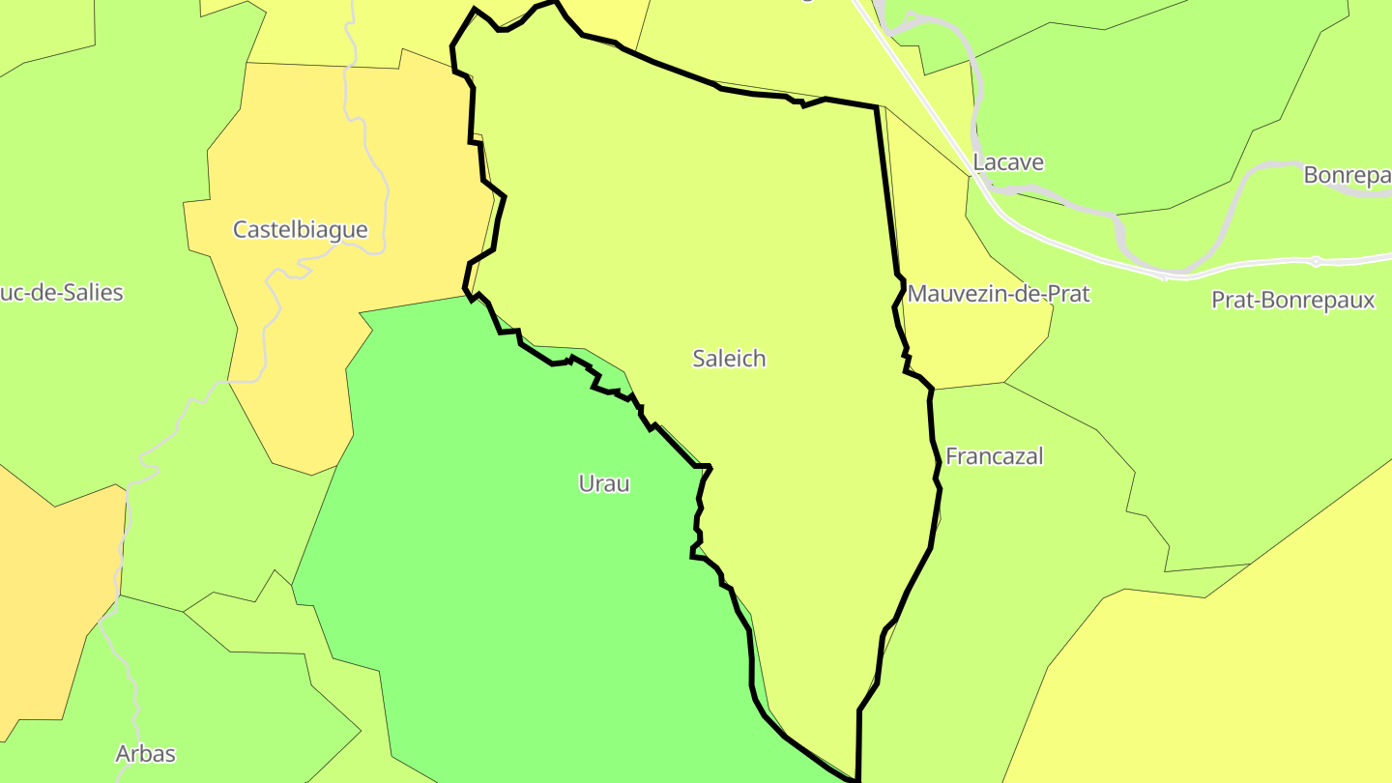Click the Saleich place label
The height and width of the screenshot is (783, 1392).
(x=729, y=359)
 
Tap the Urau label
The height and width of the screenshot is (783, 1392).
(x=604, y=483)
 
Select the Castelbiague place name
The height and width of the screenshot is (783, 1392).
(x=301, y=230)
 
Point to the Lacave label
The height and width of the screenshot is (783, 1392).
(x=1008, y=162)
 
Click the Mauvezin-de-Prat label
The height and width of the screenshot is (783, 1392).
(x=999, y=294)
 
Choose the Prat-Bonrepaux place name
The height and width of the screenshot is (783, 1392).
(x=1292, y=301)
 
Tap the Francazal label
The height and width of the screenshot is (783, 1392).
(x=994, y=456)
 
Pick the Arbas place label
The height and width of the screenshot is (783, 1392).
(x=145, y=754)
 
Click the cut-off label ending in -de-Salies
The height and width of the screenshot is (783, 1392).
(x=62, y=293)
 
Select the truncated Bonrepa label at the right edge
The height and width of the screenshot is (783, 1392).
(x=1347, y=176)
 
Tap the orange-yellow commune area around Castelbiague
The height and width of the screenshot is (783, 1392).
(x=290, y=367)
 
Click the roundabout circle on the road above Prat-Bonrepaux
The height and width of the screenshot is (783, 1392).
(x=1316, y=261)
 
